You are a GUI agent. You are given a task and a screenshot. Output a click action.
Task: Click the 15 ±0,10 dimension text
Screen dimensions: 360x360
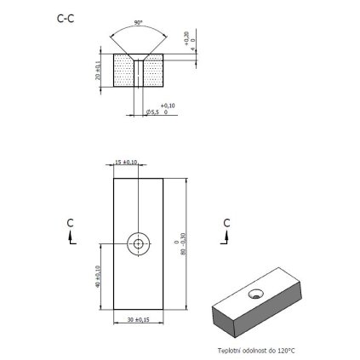(x=126, y=163)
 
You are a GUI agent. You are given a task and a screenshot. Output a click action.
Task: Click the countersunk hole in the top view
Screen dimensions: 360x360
(x=137, y=243)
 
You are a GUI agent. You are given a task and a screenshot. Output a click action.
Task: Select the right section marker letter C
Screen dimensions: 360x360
(x=226, y=222)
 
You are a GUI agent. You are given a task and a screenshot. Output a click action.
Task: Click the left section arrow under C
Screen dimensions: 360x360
(x=72, y=239)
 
